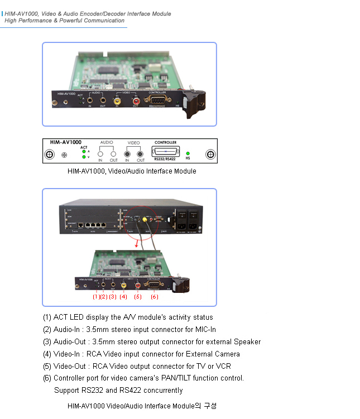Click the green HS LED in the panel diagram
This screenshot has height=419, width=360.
pos(188,153)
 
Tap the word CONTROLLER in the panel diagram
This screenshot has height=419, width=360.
pos(165,143)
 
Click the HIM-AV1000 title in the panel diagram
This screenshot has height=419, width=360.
pos(63,143)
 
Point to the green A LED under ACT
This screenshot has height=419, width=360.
pos(84,151)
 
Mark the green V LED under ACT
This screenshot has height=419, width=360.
pos(84,157)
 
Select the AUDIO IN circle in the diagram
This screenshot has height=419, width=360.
pos(100,153)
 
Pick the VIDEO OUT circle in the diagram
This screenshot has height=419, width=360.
pos(141,153)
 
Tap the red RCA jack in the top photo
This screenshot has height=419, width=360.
pos(136,101)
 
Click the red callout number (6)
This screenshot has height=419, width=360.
pos(155,296)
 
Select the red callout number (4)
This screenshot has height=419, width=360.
pos(123,296)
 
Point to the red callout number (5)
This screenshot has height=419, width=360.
pos(138,296)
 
